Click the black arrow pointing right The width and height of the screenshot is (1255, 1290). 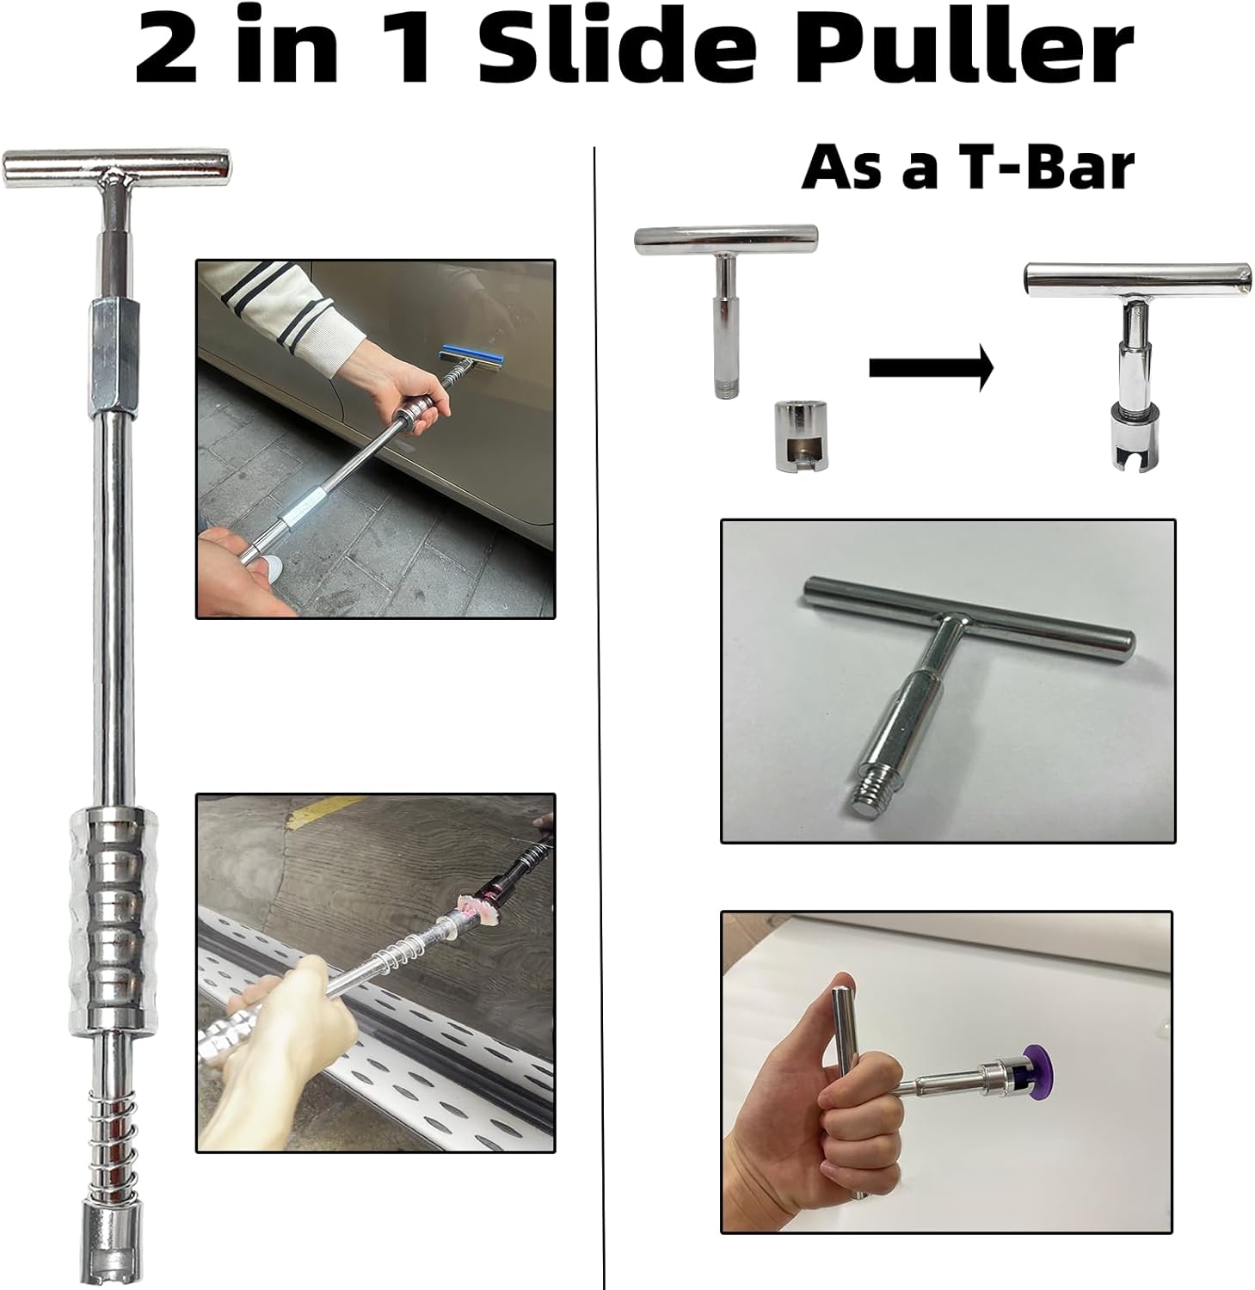coord(931,368)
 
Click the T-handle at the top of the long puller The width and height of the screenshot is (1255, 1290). coord(117,167)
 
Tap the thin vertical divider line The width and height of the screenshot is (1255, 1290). coord(600,688)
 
